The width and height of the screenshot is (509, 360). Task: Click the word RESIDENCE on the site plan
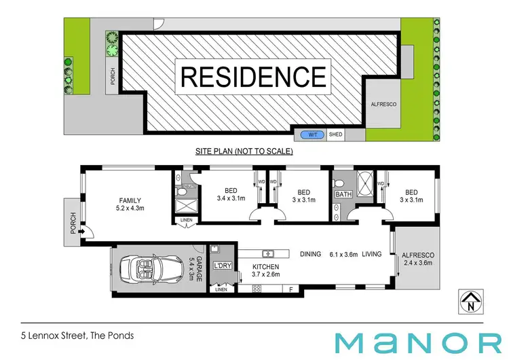pos(252,77)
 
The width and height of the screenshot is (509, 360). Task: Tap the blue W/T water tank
pos(313,134)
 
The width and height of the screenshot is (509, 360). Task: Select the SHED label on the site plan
pos(335,134)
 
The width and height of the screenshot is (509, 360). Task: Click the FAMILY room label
pos(130,200)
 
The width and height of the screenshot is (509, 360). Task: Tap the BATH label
pos(343,195)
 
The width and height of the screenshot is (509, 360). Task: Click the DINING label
pos(310,254)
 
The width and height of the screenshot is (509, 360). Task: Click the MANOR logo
pos(421,340)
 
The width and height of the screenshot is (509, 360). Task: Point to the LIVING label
pos(371,254)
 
